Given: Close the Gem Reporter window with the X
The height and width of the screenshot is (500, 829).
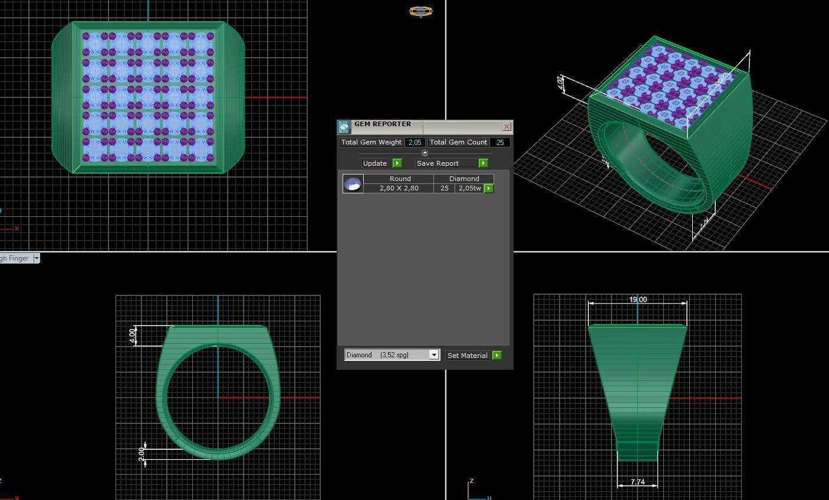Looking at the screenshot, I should pyautogui.click(x=506, y=127).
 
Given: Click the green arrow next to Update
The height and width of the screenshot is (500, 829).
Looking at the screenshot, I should pyautogui.click(x=397, y=163).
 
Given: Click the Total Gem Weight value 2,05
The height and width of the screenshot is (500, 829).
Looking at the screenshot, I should pyautogui.click(x=414, y=142).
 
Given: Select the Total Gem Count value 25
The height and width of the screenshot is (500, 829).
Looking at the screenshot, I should pyautogui.click(x=500, y=142).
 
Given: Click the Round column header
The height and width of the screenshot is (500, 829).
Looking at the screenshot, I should pyautogui.click(x=399, y=178).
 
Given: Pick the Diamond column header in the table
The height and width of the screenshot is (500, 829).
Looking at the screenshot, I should pyautogui.click(x=464, y=178).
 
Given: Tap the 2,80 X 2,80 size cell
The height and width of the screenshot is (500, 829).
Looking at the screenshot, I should pyautogui.click(x=399, y=188).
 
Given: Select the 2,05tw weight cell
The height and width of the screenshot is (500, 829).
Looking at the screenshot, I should pyautogui.click(x=469, y=188).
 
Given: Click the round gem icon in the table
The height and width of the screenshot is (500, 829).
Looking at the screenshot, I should pyautogui.click(x=353, y=184).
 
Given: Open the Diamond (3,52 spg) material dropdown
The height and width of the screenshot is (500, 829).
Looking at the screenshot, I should pyautogui.click(x=434, y=355).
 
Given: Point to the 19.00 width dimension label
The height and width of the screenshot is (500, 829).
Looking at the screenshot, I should pyautogui.click(x=637, y=300).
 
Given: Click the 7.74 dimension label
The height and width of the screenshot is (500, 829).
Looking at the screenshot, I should pyautogui.click(x=637, y=482).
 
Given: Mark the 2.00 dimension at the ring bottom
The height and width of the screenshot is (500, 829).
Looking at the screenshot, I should pyautogui.click(x=142, y=454).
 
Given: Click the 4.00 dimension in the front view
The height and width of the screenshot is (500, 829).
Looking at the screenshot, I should pyautogui.click(x=133, y=335).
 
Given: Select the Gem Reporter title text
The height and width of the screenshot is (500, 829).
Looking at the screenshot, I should pyautogui.click(x=383, y=124).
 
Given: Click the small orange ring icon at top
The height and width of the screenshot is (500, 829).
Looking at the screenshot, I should pyautogui.click(x=420, y=11).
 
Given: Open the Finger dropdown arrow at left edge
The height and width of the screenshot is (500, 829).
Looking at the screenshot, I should pyautogui.click(x=37, y=258).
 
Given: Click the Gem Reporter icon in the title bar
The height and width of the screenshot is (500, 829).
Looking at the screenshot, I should pyautogui.click(x=344, y=127).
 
